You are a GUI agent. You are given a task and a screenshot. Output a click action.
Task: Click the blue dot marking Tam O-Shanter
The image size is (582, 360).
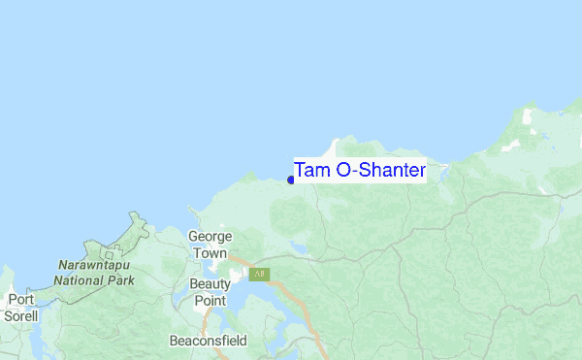[291, 180]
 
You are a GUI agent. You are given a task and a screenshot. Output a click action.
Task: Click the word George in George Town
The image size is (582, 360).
[209, 236]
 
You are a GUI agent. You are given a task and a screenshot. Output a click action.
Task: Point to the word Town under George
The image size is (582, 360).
[209, 252]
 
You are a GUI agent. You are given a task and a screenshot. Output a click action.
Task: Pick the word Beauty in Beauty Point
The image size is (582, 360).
[210, 283]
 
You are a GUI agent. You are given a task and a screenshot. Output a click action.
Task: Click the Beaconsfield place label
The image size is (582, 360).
[208, 341]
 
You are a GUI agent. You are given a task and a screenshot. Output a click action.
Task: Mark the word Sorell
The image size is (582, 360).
[20, 316]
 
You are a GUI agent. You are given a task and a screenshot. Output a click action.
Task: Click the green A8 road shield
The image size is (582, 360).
[259, 275]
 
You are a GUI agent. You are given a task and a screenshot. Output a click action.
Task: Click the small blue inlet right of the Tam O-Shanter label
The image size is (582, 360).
[442, 175]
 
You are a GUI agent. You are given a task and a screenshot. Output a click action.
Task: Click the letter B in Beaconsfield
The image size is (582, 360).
[174, 341]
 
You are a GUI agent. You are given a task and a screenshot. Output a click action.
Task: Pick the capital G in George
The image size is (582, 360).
[193, 236]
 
